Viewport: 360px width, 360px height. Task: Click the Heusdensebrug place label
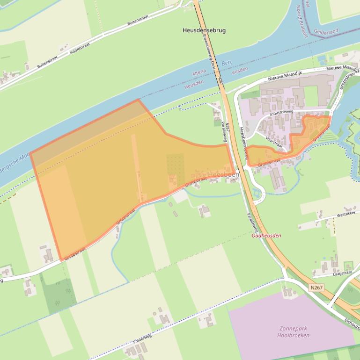(204, 30)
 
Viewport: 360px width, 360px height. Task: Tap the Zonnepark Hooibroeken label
(294, 332)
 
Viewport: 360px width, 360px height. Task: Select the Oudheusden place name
(266, 236)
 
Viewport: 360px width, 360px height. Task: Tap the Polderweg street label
(142, 338)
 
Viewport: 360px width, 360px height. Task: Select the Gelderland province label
(326, 31)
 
